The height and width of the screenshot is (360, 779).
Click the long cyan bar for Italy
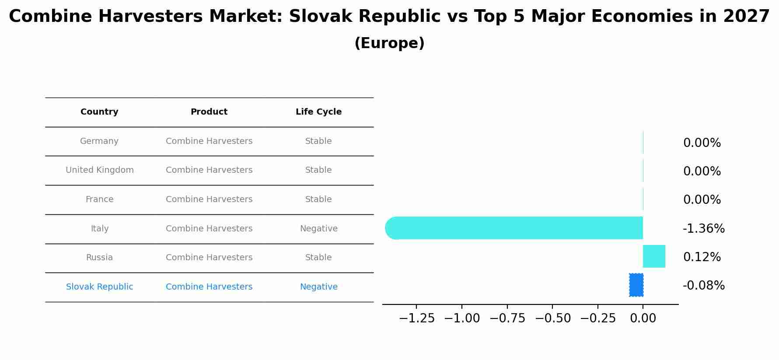pyautogui.click(x=514, y=228)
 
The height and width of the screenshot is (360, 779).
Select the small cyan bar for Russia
pyautogui.click(x=654, y=256)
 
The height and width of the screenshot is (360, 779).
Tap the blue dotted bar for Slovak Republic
pyautogui.click(x=636, y=285)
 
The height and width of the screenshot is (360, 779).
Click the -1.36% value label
pyautogui.click(x=704, y=228)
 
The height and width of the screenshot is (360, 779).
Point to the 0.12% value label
pyautogui.click(x=702, y=257)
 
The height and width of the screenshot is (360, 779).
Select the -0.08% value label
pyautogui.click(x=704, y=286)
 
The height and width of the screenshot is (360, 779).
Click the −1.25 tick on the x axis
pyautogui.click(x=417, y=318)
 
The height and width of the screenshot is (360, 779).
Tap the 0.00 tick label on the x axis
pyautogui.click(x=643, y=318)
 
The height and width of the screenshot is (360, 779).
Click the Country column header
pyautogui.click(x=99, y=112)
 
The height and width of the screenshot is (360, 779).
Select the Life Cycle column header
pyautogui.click(x=318, y=112)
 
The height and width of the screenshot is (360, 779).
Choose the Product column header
pyautogui.click(x=209, y=112)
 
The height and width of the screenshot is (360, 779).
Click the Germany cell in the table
pyautogui.click(x=99, y=141)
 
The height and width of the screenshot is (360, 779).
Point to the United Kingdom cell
pyautogui.click(x=100, y=170)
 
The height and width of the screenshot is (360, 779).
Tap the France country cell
pyautogui.click(x=99, y=199)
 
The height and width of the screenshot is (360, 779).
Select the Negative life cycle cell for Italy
pyautogui.click(x=318, y=229)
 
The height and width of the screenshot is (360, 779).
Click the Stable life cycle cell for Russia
pyautogui.click(x=318, y=258)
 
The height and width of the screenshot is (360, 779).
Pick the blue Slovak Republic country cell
pyautogui.click(x=100, y=287)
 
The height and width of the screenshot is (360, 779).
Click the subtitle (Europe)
pyautogui.click(x=389, y=43)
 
